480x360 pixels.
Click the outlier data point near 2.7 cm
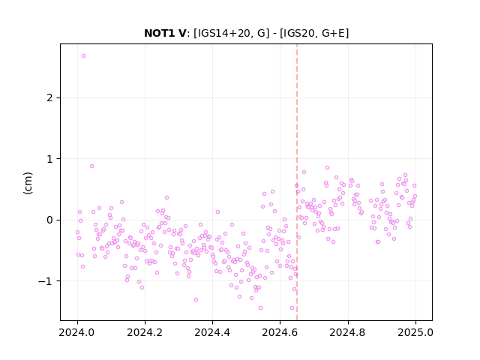(83, 56)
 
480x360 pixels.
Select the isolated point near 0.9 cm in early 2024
(91, 166)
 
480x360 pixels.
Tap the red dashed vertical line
(297, 182)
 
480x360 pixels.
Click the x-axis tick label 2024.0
(77, 332)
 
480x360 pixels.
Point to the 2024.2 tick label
(145, 332)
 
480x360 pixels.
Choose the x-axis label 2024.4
(212, 332)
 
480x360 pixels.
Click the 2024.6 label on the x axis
(280, 332)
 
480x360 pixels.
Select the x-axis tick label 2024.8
(347, 332)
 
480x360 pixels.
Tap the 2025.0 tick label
(415, 332)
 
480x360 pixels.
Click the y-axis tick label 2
(49, 98)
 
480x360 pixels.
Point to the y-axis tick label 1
(49, 159)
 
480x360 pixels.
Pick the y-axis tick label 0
(49, 220)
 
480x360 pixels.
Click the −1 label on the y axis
(45, 281)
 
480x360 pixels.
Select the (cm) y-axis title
(28, 183)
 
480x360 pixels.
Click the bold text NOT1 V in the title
(165, 33)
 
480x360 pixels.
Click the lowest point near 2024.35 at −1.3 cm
(196, 300)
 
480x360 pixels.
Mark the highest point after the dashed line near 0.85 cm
(327, 168)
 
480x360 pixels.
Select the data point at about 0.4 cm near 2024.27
(166, 198)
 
